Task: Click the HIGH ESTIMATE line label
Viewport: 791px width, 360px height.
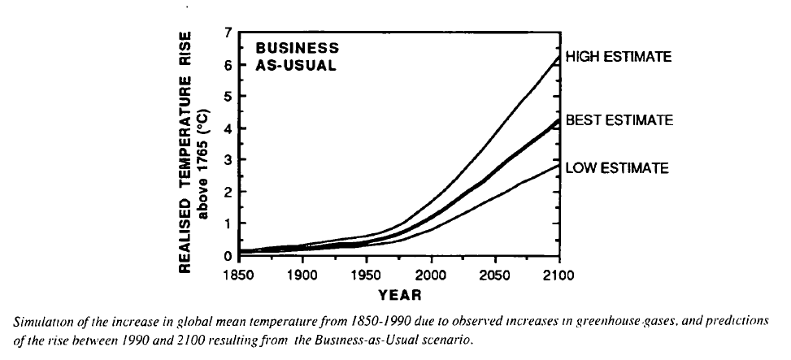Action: click(x=618, y=57)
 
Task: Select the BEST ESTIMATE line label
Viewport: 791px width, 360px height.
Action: click(x=619, y=120)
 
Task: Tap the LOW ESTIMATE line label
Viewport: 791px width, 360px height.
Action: click(x=617, y=168)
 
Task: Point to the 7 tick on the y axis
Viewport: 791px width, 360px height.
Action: click(x=228, y=33)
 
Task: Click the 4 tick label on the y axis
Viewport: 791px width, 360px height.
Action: click(x=228, y=128)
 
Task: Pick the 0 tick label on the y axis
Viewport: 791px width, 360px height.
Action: click(x=228, y=256)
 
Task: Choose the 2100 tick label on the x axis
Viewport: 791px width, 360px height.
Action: click(x=559, y=274)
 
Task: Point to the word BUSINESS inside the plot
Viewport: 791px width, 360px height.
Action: click(x=292, y=48)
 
